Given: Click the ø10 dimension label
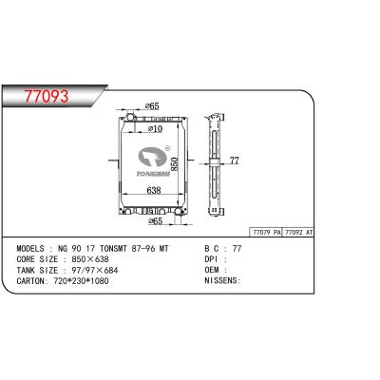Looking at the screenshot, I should point(157,127).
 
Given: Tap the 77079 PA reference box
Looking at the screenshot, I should point(265,233).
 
